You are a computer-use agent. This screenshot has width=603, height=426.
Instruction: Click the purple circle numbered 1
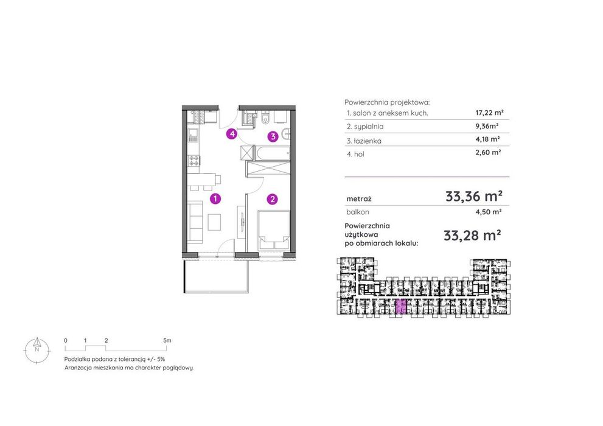point(215,199)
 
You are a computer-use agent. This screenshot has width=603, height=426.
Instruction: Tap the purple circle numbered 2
point(272,199)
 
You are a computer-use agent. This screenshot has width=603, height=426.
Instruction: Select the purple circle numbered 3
point(273,136)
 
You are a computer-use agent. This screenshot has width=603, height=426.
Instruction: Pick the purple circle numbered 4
point(231,134)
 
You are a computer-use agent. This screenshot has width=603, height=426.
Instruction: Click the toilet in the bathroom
point(265,118)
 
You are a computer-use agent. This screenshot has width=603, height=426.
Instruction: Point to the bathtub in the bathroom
point(272,153)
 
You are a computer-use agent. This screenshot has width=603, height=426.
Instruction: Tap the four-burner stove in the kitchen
point(193,161)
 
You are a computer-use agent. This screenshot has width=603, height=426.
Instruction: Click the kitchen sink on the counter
point(193,134)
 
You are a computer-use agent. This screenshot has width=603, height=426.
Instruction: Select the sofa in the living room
point(195,222)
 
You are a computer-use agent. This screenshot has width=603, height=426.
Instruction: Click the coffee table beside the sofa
point(215,222)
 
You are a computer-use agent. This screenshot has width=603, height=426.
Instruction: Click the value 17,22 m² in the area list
point(490,113)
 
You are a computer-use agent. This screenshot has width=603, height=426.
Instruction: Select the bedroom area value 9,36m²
point(487,126)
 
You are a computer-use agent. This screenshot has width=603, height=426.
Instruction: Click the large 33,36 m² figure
point(474,196)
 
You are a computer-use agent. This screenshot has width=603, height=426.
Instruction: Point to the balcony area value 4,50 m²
point(488,212)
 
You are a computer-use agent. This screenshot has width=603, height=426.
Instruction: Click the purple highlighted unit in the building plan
point(401,307)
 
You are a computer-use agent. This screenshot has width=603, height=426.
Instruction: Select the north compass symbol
point(37,350)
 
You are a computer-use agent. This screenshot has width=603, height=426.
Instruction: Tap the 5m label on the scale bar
point(167,340)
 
